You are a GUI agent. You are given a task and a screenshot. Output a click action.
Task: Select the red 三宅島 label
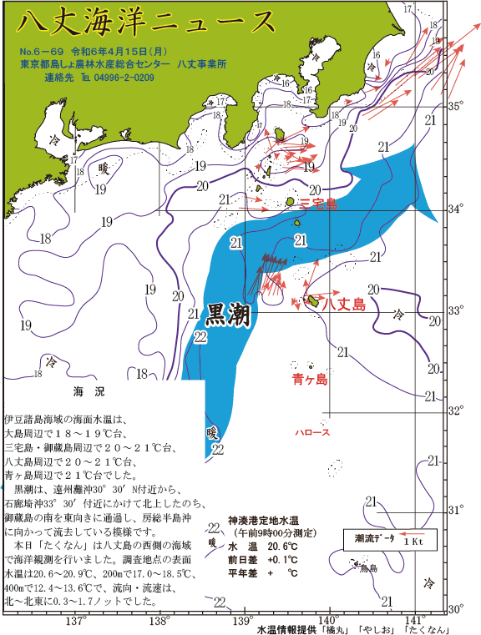point(318,203)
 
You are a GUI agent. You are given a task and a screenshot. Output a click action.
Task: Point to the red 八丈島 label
point(344,305)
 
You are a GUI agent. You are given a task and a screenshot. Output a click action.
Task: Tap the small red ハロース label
point(312,432)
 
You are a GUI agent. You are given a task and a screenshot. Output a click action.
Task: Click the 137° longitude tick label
point(76,622)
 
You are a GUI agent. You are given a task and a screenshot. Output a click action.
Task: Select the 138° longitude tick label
point(159,622)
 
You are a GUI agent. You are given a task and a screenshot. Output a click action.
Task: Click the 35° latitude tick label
point(456,106)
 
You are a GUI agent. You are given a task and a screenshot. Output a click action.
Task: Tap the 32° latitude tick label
point(456,411)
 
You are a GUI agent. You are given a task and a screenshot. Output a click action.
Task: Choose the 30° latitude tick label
point(456,609)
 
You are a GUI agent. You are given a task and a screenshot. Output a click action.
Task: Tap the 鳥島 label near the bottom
point(368,569)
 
